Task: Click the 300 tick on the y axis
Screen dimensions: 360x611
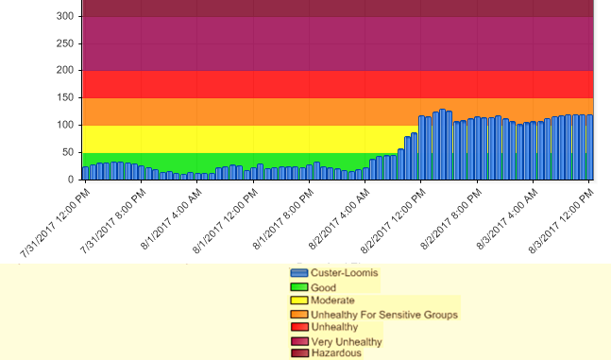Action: (x=64, y=16)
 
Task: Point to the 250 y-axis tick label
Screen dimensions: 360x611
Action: (x=64, y=43)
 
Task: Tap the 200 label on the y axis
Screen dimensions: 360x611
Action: (x=64, y=71)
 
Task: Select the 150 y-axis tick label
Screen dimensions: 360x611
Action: (x=64, y=98)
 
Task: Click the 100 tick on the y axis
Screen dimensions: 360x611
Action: (x=64, y=125)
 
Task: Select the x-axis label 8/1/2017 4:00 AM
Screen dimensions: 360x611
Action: (x=172, y=217)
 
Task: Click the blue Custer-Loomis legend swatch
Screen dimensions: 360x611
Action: (x=299, y=273)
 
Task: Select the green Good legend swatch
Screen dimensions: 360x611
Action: (x=299, y=287)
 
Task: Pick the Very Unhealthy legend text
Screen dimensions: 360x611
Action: (x=347, y=341)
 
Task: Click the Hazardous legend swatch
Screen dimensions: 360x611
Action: (x=299, y=353)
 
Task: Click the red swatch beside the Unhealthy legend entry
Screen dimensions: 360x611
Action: (x=299, y=327)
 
